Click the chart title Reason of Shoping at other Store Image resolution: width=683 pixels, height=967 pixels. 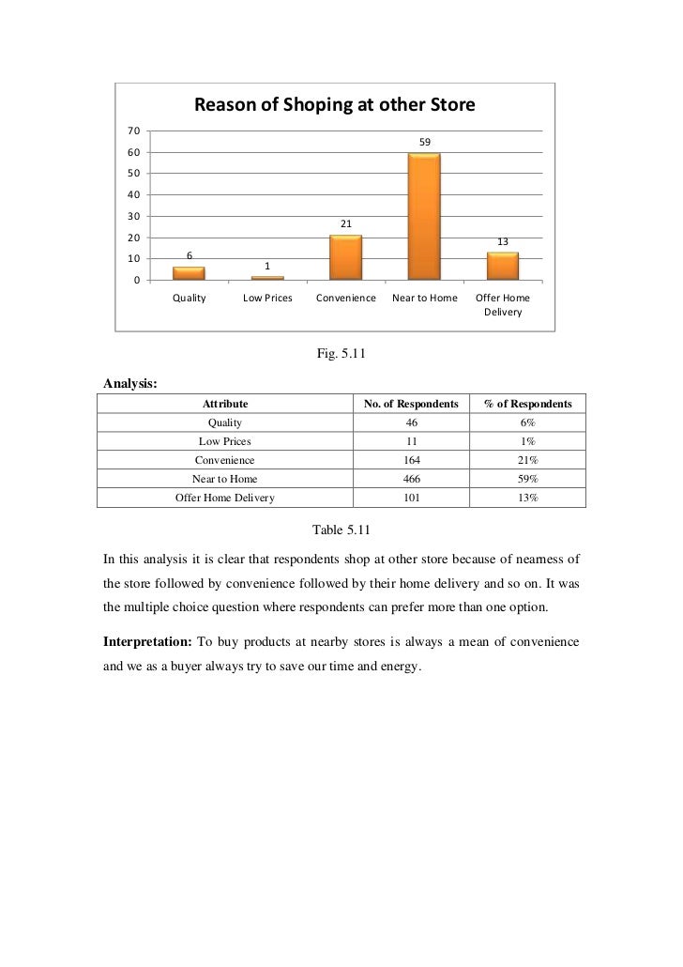[334, 106]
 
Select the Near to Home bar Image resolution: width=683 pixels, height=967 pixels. [424, 216]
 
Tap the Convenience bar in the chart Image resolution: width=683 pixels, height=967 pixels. [345, 257]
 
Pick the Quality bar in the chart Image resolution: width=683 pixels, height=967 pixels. [189, 273]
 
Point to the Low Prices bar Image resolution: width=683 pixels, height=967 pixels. [267, 278]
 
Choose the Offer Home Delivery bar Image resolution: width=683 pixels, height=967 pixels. [502, 266]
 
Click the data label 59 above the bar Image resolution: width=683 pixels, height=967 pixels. [425, 142]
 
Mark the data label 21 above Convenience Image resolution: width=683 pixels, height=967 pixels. [345, 223]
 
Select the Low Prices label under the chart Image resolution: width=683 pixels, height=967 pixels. [267, 299]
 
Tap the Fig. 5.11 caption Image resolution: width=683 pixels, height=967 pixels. [341, 354]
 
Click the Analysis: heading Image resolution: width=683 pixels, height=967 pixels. [130, 383]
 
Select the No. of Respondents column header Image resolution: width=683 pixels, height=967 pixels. [411, 403]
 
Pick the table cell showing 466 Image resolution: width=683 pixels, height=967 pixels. [411, 479]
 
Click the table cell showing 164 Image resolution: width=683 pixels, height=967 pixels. [411, 460]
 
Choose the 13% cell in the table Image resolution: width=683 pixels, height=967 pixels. [527, 498]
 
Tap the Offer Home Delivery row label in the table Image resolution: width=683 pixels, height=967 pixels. [225, 498]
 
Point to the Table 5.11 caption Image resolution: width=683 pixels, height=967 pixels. [341, 530]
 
